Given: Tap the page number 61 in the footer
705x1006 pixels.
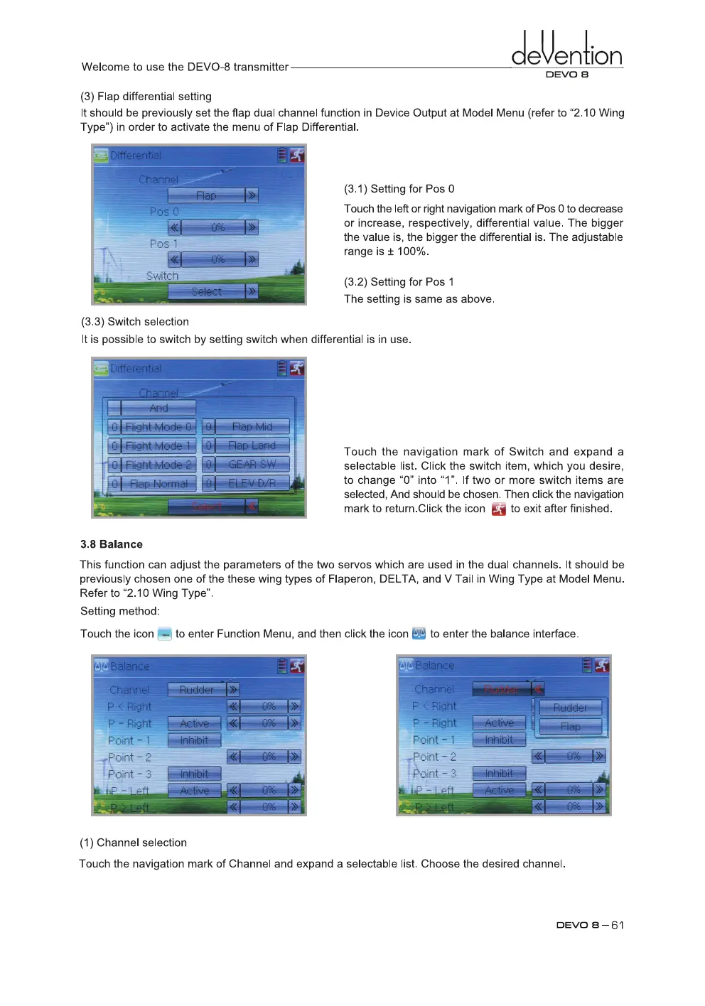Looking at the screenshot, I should tap(617, 925).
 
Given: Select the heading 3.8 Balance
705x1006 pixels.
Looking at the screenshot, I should tap(111, 544).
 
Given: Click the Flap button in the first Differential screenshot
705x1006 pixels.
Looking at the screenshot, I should tap(206, 195).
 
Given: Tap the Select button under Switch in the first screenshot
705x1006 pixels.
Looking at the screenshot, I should tap(206, 291).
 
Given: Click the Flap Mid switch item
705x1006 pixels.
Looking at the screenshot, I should tap(252, 426).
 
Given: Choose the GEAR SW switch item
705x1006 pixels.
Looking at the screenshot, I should tap(252, 464).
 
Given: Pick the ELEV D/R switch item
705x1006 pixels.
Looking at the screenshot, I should tap(252, 483).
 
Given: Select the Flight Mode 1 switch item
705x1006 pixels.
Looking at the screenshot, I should tap(158, 445).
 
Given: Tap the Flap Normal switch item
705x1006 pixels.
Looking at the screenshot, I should tap(158, 483).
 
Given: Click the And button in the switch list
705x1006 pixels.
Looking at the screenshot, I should tap(158, 408).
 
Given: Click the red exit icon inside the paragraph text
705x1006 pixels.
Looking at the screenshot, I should tap(498, 509).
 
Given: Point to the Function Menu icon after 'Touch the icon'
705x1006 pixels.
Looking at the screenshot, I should tap(164, 634).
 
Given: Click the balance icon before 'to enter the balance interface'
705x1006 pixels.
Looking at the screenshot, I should tap(419, 634).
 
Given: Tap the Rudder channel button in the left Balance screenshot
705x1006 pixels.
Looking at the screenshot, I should tap(197, 689).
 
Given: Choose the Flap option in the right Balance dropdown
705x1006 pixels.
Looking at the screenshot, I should tap(571, 726).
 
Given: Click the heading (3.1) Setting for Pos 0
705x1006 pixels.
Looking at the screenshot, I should tap(399, 189).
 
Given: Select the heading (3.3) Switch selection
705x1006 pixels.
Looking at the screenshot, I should tap(134, 322).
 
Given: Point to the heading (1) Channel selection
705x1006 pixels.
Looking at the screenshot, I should tap(133, 843).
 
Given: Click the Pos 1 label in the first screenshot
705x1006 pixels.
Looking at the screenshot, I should tap(163, 244).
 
